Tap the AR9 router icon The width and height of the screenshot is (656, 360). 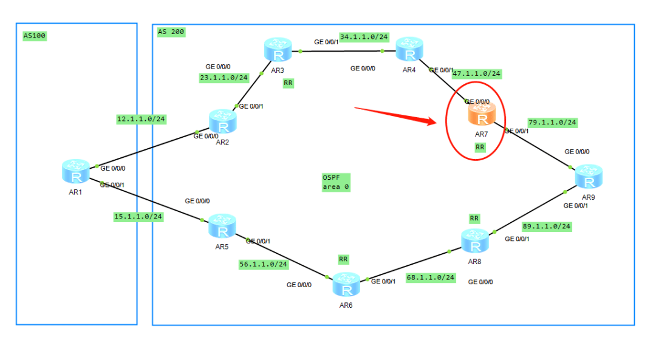point(589,176)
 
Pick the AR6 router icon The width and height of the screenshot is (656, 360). point(346,284)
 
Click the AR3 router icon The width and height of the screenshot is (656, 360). point(278,50)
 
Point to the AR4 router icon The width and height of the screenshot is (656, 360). point(409,50)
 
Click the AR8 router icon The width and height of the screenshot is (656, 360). point(475,241)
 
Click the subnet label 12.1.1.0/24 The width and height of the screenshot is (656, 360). point(141,120)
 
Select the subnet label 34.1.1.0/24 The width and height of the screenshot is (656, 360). point(363,36)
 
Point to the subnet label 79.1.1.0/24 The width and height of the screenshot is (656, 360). point(552,122)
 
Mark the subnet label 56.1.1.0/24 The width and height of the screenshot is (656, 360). point(264,264)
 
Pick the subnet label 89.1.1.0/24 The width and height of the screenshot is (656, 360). point(547,226)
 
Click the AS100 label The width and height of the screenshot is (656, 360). point(34,35)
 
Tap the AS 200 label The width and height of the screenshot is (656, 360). point(171,32)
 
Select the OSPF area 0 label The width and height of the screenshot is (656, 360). point(336,182)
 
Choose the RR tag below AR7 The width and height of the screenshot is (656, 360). point(480,147)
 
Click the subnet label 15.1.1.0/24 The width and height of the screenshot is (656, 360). point(138,216)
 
